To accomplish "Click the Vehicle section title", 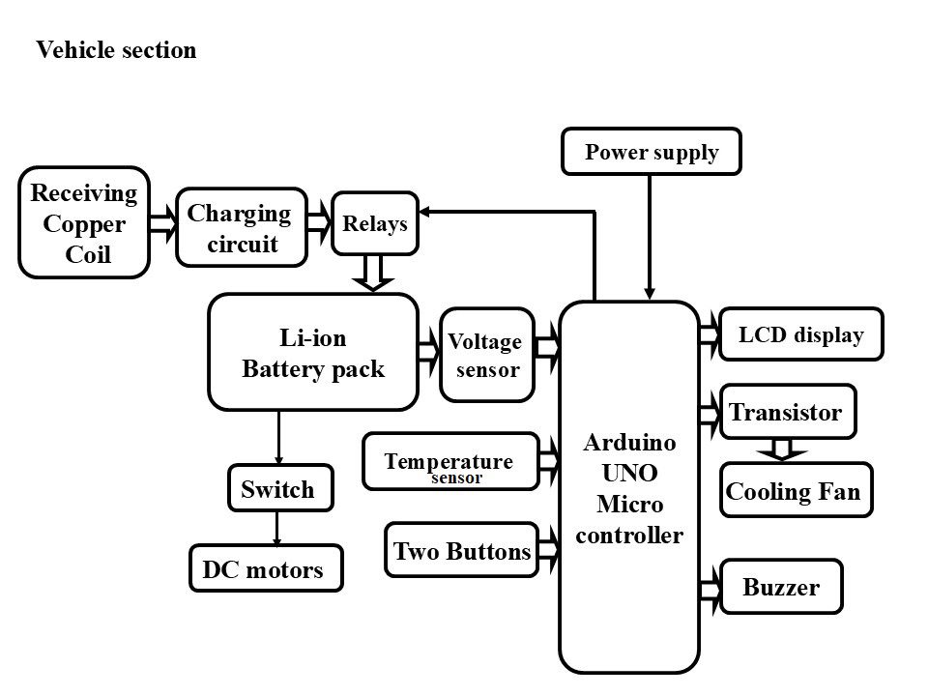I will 116,50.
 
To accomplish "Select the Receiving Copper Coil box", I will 84,223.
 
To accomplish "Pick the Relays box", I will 375,223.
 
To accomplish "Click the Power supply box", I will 652,152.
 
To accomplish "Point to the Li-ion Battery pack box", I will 312,353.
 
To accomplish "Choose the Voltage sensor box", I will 486,355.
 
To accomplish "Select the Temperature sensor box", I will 449,462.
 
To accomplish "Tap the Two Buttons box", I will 461,551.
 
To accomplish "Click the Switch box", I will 278,489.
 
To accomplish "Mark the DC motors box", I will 264,569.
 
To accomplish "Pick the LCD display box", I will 801,335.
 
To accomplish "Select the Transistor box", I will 787,413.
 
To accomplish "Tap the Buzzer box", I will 781,586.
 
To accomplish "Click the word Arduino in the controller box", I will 629,443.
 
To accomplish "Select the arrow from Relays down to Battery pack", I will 373,274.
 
